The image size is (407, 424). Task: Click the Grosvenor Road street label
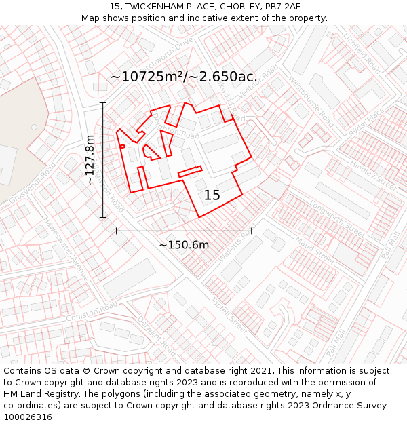tap(31, 184)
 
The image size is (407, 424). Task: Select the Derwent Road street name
tap(157, 336)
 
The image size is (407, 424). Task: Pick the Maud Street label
tap(315, 250)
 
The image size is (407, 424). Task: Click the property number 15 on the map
tap(212, 195)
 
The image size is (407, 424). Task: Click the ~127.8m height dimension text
tap(90, 160)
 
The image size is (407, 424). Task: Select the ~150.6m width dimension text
tap(184, 244)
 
